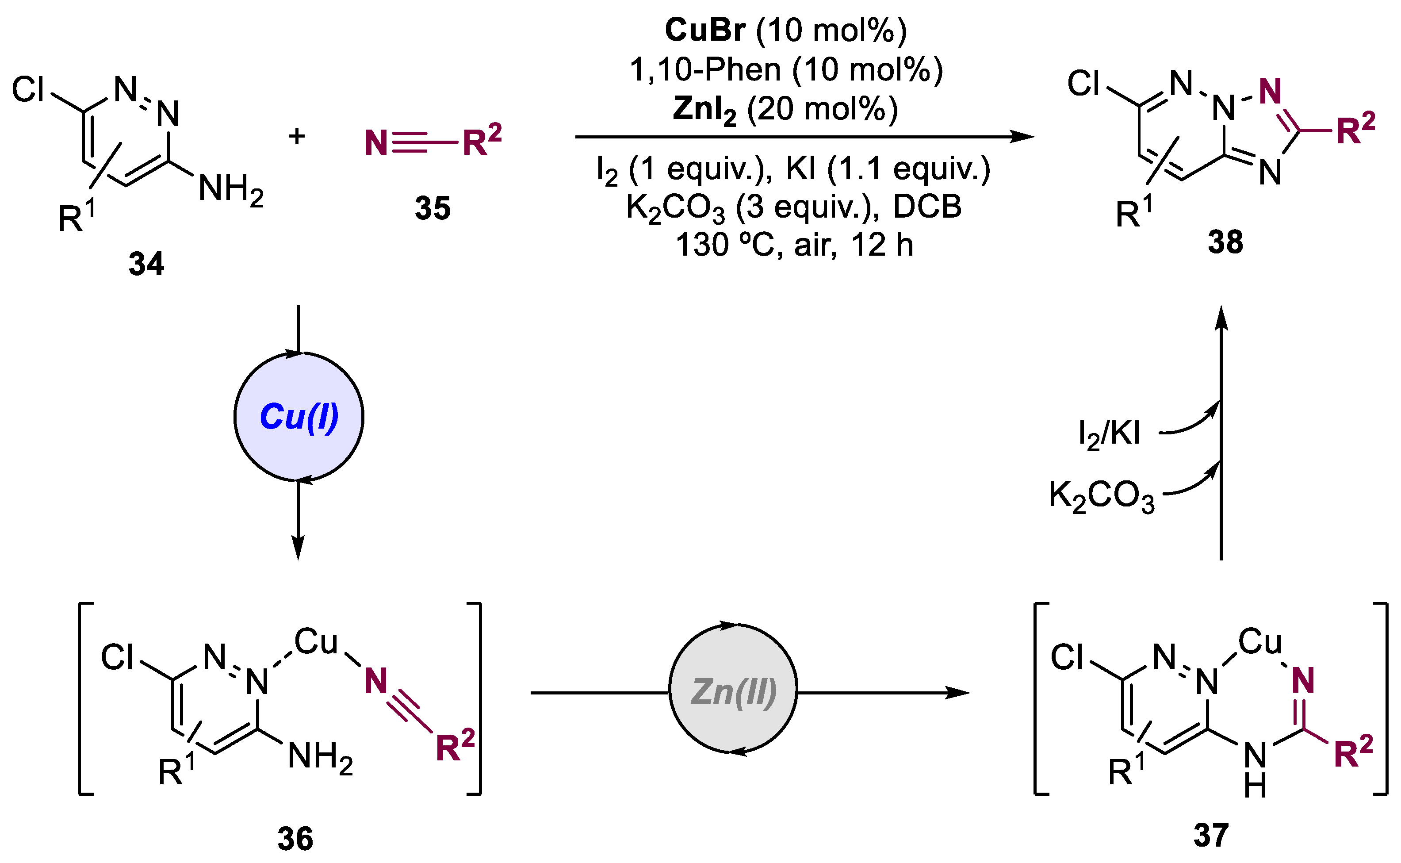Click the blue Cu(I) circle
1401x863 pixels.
(299, 417)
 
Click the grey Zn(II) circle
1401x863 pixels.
(733, 692)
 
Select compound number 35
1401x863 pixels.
(433, 208)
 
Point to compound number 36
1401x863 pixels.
(295, 839)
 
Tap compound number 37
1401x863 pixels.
(1210, 835)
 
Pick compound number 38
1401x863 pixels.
(1225, 242)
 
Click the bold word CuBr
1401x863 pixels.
(705, 30)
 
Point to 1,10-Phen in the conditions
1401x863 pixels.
(705, 69)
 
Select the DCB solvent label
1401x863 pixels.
(927, 206)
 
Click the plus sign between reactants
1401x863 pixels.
(297, 136)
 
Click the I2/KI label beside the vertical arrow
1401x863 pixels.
(1109, 434)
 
